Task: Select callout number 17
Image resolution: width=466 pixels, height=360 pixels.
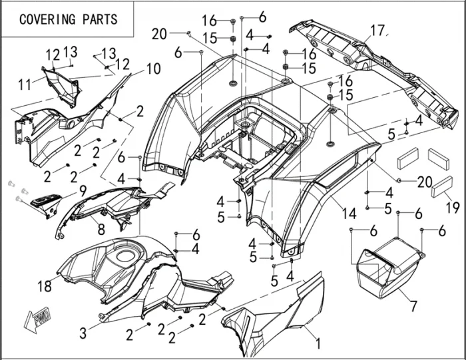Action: point(377,31)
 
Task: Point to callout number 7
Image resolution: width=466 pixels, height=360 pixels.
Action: point(413,306)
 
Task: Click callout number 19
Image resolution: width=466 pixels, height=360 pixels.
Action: point(452,208)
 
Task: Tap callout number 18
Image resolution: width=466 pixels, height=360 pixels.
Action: point(45,286)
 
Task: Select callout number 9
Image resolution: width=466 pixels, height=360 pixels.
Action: point(83,190)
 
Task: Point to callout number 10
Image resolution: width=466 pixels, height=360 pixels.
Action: point(153,68)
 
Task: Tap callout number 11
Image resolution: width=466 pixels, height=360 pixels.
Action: point(24,85)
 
